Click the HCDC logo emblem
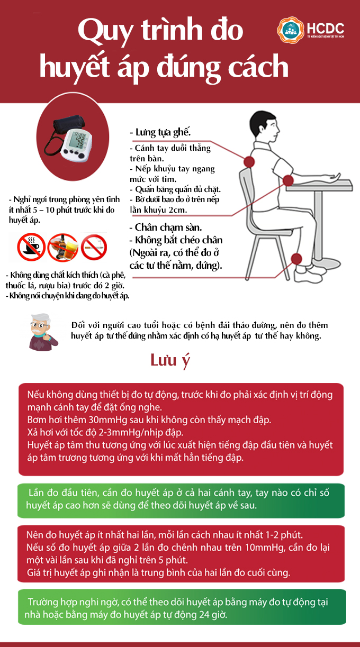[x=290, y=30]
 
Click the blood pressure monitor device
[x=73, y=139]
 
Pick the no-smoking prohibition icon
[x=94, y=248]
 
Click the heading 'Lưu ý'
[x=170, y=361]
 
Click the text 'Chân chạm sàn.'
[x=161, y=227]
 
